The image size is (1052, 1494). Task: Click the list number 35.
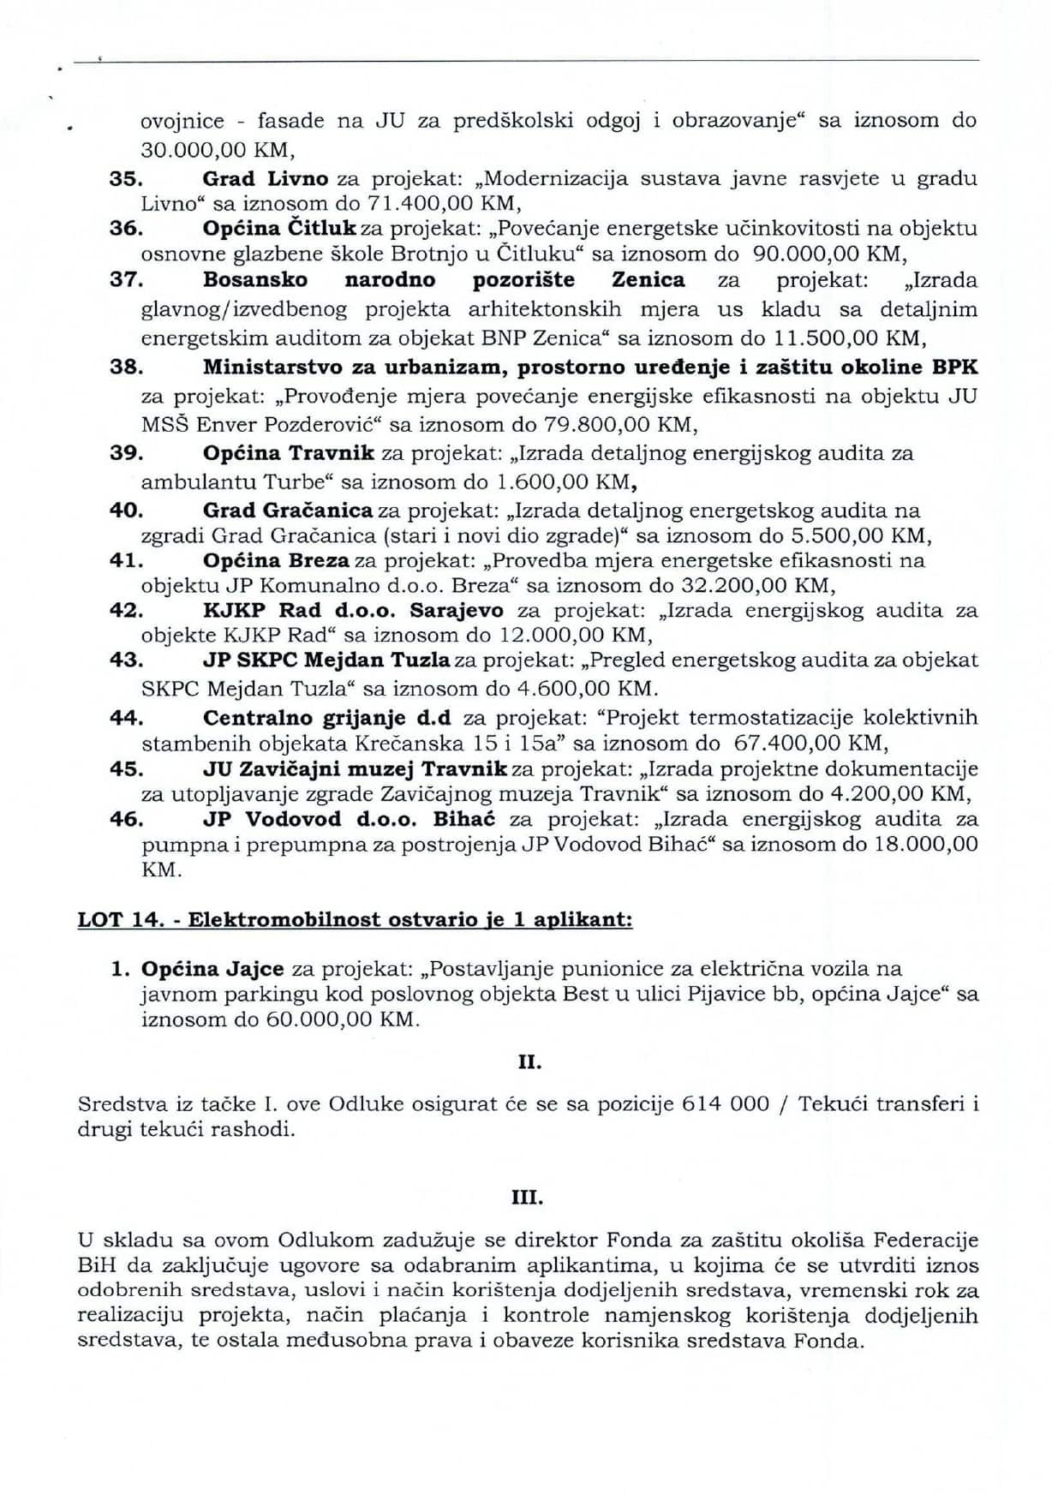pyautogui.click(x=125, y=179)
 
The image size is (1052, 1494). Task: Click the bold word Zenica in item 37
pyautogui.click(x=649, y=280)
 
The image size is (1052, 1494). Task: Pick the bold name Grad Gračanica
pyautogui.click(x=287, y=511)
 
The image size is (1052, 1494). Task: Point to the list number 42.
pyautogui.click(x=125, y=611)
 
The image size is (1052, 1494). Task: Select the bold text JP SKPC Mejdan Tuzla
pyautogui.click(x=326, y=660)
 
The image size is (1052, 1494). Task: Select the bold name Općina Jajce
pyautogui.click(x=212, y=969)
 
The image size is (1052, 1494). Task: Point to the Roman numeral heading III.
pyautogui.click(x=527, y=1196)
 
